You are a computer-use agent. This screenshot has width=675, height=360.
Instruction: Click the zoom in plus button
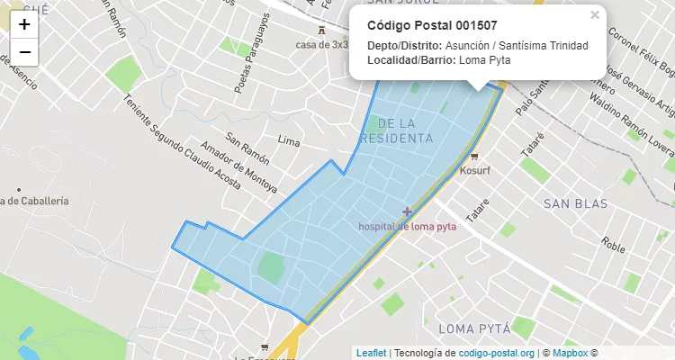[24, 25]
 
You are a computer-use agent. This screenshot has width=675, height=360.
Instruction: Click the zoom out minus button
[24, 52]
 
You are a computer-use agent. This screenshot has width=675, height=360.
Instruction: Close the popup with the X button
[594, 14]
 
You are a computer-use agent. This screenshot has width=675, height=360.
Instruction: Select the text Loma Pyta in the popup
[484, 60]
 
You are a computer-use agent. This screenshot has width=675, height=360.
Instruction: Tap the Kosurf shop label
[475, 169]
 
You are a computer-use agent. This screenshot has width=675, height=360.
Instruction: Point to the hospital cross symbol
[407, 212]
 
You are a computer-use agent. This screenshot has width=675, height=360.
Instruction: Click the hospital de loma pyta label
[407, 227]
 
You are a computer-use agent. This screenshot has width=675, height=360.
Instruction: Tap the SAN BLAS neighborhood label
[577, 204]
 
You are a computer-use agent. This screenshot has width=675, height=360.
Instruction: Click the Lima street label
[289, 141]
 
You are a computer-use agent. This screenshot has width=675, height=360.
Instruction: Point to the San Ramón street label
[246, 146]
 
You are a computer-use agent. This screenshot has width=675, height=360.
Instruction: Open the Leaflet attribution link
[370, 353]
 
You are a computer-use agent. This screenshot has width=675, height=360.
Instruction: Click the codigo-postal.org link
[497, 353]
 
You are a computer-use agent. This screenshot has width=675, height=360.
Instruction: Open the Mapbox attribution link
[570, 353]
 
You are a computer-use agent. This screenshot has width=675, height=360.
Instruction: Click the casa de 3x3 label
[321, 44]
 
